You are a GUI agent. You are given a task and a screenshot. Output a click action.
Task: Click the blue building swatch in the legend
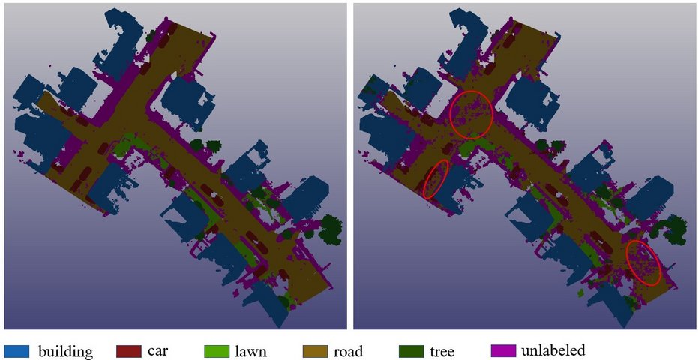[x=16, y=351]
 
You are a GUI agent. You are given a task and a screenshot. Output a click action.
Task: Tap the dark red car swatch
[x=129, y=351]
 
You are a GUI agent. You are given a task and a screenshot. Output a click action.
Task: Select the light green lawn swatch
[x=217, y=351]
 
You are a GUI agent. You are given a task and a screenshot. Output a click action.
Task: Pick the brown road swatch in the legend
[x=315, y=351]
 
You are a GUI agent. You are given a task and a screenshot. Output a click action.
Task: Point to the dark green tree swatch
[x=411, y=351]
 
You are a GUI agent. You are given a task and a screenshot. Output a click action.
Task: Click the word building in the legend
[x=65, y=351]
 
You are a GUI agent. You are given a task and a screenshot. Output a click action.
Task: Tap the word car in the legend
[x=158, y=351]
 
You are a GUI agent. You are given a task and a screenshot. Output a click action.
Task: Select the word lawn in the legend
[x=250, y=351]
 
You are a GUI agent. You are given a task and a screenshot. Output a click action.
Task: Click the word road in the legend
[x=349, y=351]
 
